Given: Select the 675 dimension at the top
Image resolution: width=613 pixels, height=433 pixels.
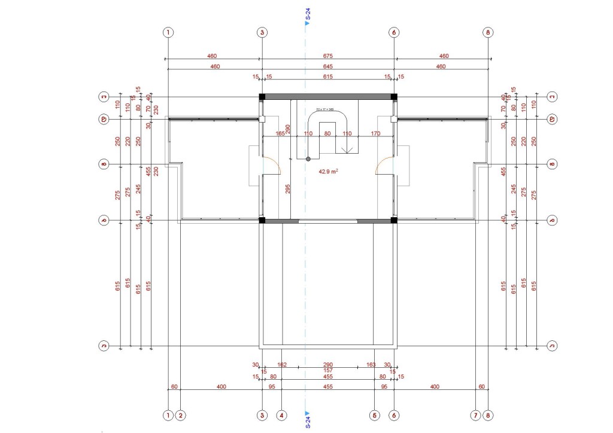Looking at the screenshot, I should point(327,56).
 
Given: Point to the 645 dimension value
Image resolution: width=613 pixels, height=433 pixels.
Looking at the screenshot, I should point(327,66).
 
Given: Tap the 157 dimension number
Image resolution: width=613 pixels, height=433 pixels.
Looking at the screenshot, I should point(327,370).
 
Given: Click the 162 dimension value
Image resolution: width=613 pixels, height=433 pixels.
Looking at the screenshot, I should point(283,364).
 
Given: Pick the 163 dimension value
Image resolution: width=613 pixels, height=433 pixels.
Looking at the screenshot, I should point(371,364).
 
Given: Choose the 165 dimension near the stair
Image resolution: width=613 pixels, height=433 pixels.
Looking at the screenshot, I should point(280,133).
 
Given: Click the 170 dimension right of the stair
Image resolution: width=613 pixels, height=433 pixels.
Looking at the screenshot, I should point(375,133).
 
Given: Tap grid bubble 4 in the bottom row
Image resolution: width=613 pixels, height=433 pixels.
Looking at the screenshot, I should point(282,414).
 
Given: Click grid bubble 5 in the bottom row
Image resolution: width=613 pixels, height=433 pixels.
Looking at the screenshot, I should point(375,414).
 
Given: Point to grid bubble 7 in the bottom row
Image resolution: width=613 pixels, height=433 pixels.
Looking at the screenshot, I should point(475,414).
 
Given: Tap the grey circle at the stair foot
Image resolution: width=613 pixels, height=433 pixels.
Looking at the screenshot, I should point(308,159).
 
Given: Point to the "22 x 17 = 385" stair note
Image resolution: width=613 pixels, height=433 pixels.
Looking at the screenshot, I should point(324,109).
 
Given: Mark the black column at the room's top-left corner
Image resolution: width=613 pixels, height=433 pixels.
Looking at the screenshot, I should point(262,96).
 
